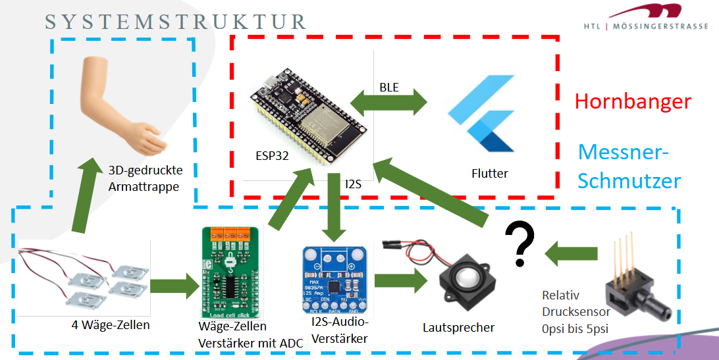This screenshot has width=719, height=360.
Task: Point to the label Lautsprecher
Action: (460, 327)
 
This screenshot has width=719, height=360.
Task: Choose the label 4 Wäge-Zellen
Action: (110, 324)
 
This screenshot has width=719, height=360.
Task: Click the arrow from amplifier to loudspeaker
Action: (399, 280)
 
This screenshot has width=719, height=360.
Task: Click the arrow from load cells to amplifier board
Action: (174, 286)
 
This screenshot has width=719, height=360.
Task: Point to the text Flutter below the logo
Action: (489, 174)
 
